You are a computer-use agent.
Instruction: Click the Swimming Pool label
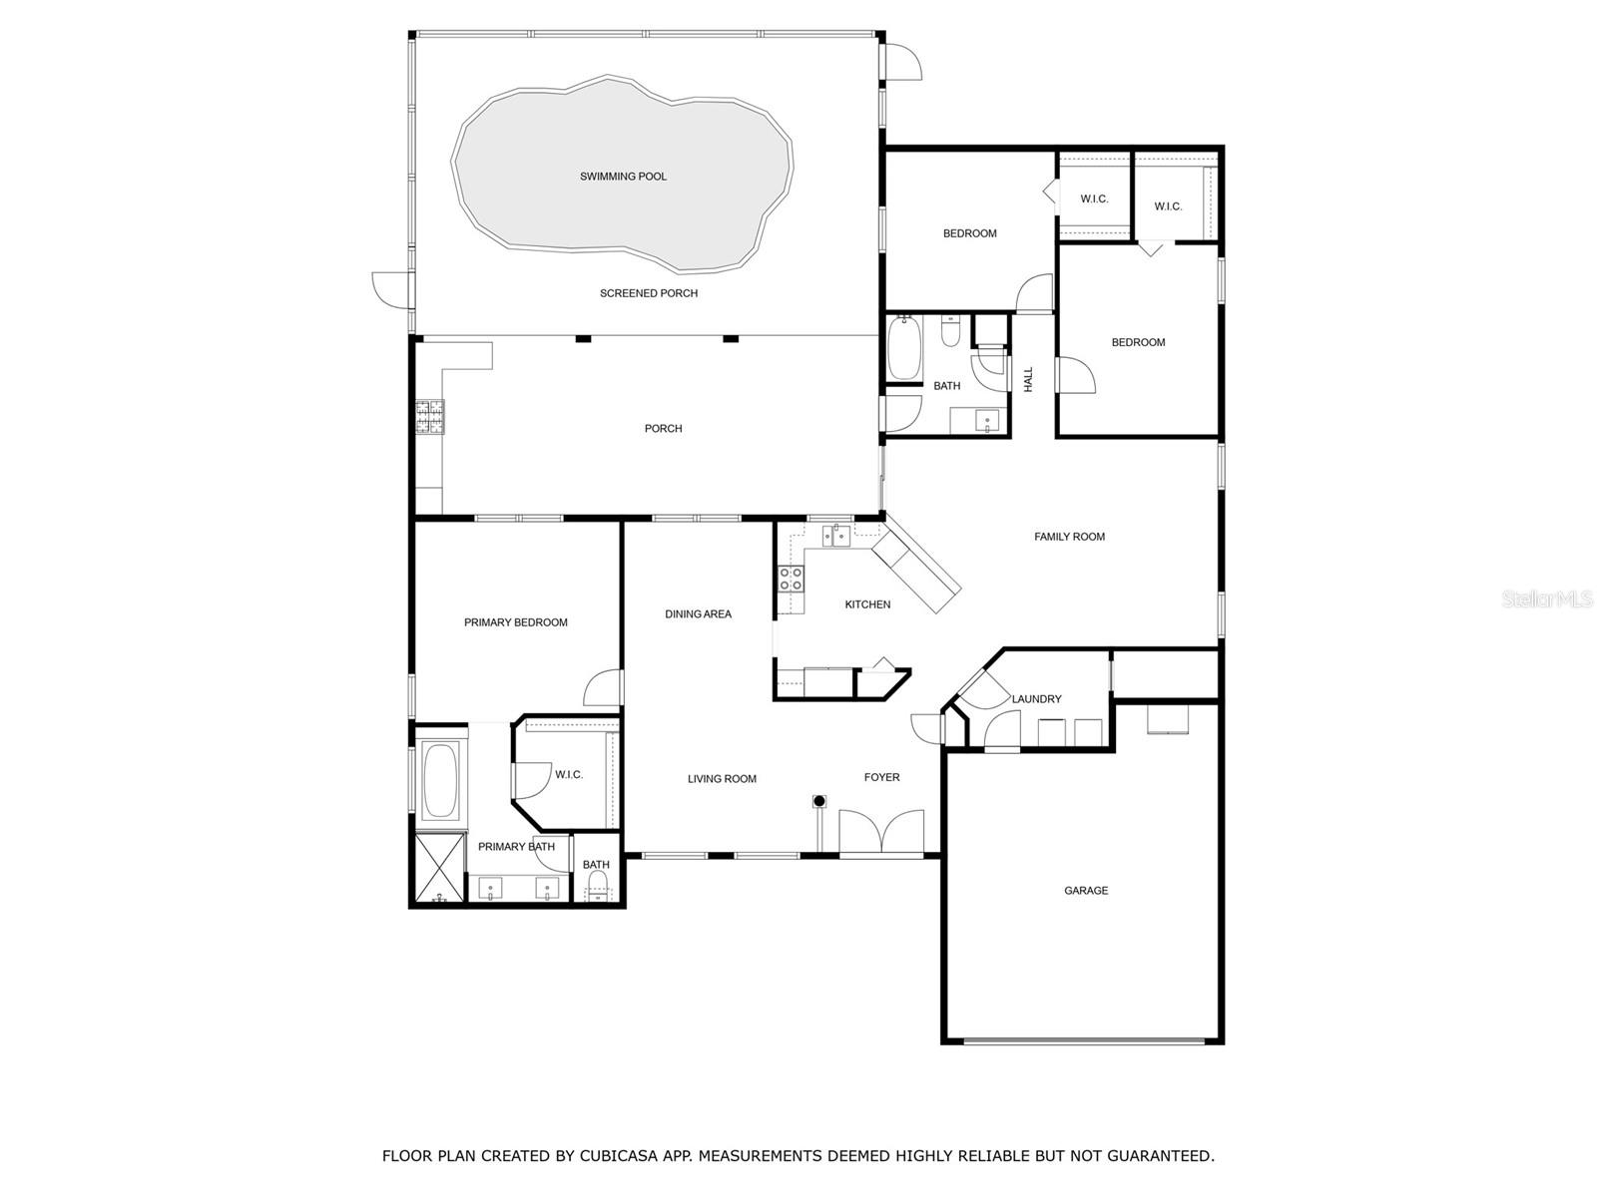click(623, 177)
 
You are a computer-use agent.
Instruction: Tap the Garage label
click(1086, 891)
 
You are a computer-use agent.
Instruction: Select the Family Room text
click(1069, 537)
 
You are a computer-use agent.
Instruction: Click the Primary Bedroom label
click(515, 622)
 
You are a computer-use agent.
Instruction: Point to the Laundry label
click(1036, 699)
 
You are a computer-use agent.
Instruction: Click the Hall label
click(1028, 379)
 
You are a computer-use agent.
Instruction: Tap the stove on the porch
click(430, 416)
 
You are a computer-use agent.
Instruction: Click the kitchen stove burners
click(791, 580)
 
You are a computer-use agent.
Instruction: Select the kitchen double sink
click(836, 537)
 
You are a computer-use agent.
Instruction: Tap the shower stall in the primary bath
click(439, 867)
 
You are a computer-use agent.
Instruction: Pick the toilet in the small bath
click(598, 884)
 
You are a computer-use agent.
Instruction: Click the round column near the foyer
click(819, 800)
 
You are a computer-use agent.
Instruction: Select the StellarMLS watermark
click(1547, 598)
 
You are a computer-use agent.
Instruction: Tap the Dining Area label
click(698, 614)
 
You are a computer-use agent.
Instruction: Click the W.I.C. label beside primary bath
click(569, 775)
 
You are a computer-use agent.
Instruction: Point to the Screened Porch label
click(648, 293)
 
